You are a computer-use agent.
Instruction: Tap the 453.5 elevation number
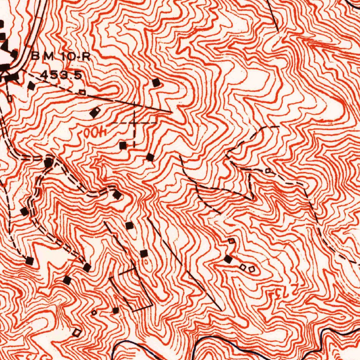(x=62, y=75)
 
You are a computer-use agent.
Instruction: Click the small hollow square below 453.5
(x=82, y=92)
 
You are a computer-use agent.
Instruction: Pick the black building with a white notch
(x=95, y=112)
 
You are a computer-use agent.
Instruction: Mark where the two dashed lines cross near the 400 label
(x=134, y=123)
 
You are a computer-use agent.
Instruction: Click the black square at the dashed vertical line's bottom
(x=123, y=145)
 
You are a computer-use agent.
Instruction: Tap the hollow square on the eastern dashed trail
(x=268, y=171)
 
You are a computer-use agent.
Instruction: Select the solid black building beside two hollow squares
(x=228, y=259)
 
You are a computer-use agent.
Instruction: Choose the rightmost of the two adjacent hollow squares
(x=252, y=269)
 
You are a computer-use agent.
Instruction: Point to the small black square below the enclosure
(x=116, y=310)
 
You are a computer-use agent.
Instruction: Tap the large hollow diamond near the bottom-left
(x=76, y=332)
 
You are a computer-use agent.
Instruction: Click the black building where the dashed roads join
(x=48, y=162)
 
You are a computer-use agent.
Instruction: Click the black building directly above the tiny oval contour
(x=144, y=253)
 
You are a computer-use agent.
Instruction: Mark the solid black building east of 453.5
(x=156, y=83)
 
